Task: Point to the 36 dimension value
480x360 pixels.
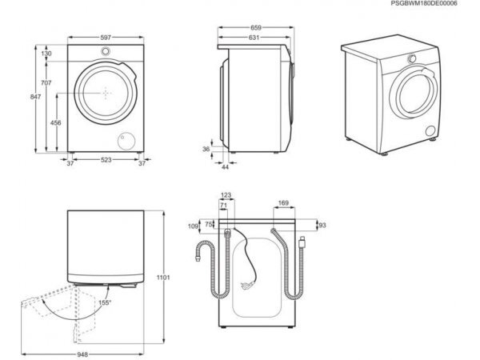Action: coord(205,149)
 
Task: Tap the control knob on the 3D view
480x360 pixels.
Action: coord(409,59)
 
